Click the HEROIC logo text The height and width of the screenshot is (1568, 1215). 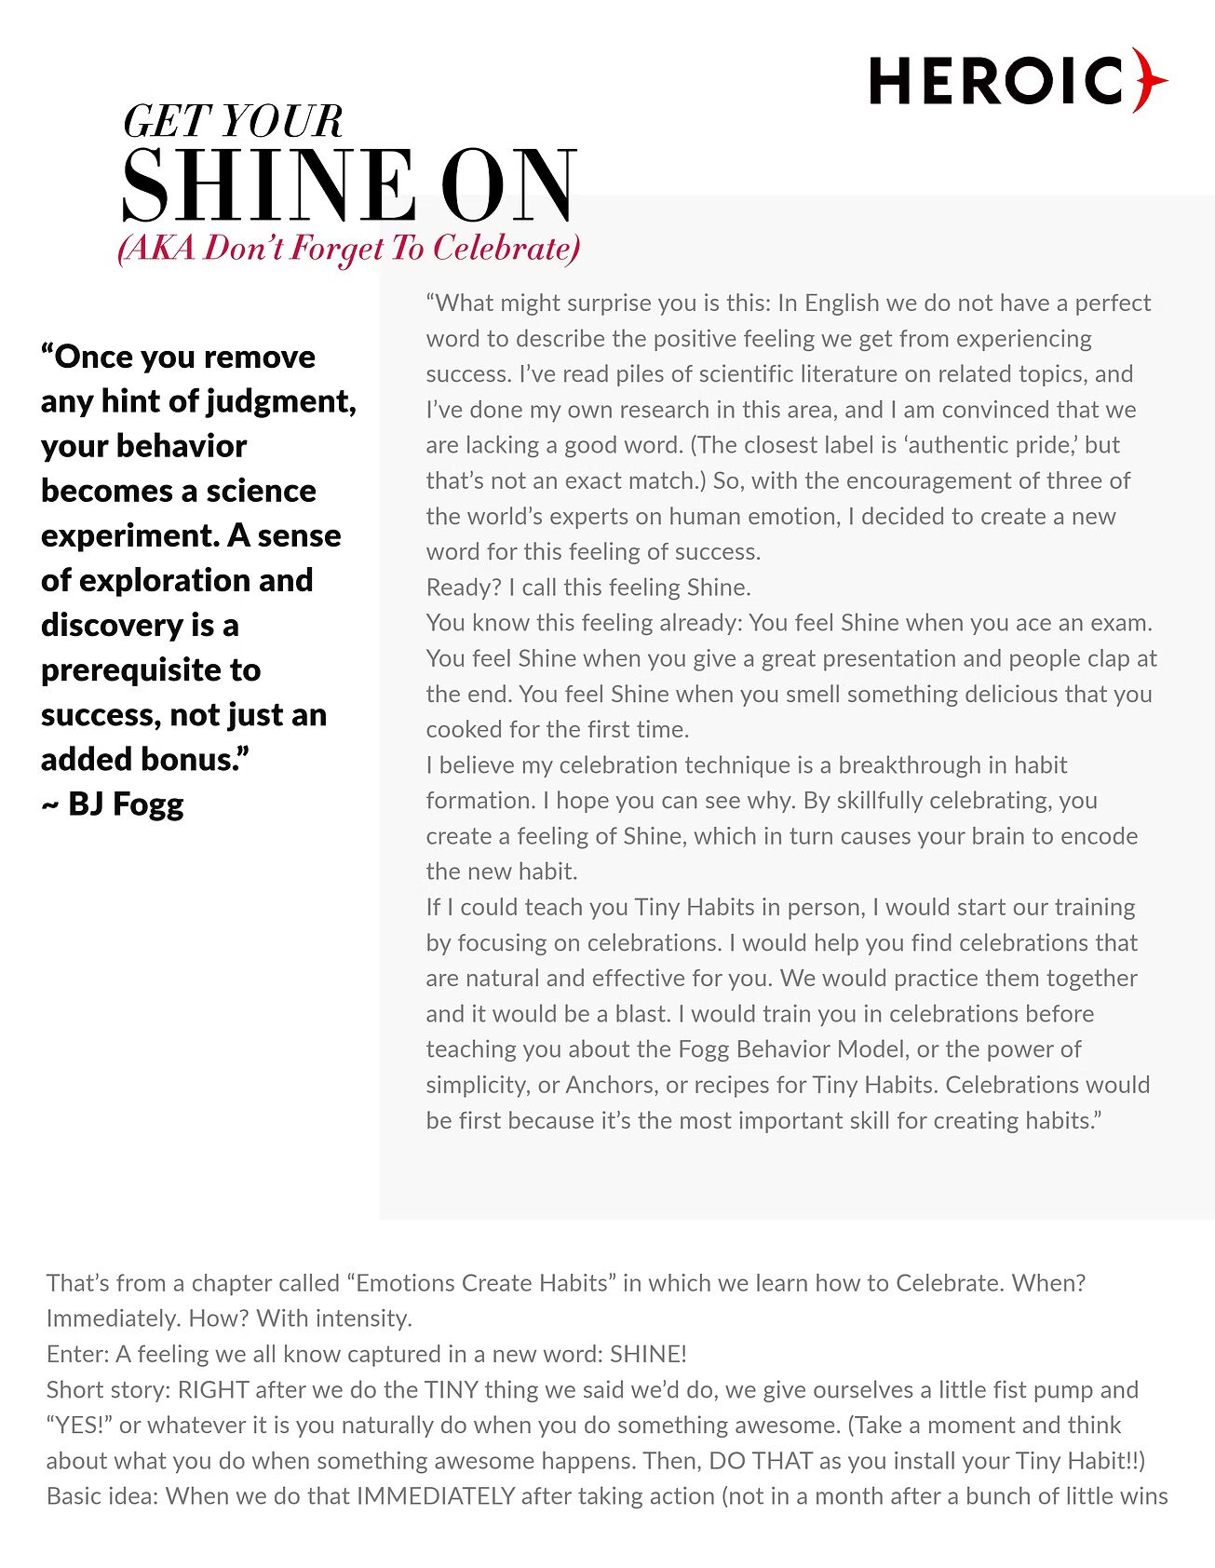(x=996, y=80)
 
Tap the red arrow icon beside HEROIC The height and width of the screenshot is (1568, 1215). (x=1150, y=80)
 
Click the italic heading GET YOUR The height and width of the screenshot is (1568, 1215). (x=233, y=122)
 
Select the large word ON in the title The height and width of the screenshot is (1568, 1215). (x=508, y=185)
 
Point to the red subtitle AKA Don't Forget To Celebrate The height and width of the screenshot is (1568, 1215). (x=349, y=249)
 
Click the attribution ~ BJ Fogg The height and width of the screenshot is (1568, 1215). (x=113, y=804)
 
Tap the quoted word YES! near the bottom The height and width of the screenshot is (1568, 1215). (x=79, y=1426)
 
